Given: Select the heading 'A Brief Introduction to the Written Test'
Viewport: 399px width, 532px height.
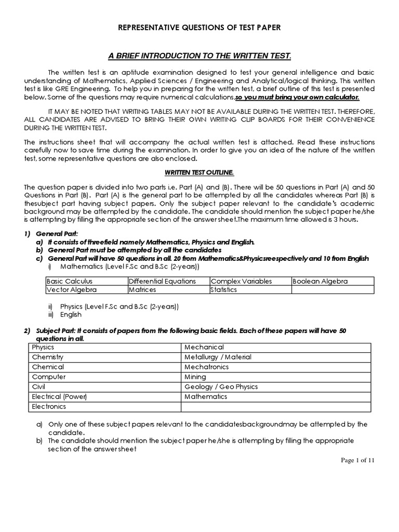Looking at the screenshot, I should [x=199, y=56].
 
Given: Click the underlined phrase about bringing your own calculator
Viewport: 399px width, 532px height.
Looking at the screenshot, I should [x=297, y=97].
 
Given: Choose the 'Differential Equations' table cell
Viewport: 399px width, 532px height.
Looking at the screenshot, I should [x=163, y=281].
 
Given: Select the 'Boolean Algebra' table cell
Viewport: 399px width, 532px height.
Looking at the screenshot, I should [x=320, y=281].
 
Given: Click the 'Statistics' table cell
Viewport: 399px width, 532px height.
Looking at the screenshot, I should [x=224, y=289].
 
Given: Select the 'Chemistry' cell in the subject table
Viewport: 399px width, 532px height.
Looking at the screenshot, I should [x=48, y=357].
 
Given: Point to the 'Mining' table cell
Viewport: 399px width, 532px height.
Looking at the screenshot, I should [x=195, y=377].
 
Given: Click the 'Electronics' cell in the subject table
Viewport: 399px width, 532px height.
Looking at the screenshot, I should [x=49, y=406].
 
